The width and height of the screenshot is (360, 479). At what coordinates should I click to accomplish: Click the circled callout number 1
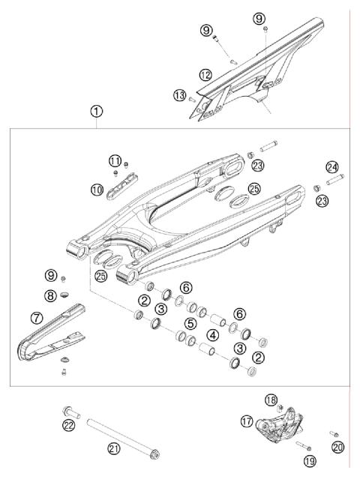pyautogui.click(x=97, y=112)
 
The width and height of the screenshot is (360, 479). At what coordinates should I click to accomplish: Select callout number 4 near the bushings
pyautogui.click(x=213, y=334)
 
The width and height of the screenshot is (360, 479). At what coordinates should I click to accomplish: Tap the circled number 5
pyautogui.click(x=190, y=323)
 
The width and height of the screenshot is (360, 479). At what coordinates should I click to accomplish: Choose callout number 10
pyautogui.click(x=97, y=190)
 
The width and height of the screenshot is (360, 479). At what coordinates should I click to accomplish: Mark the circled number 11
pyautogui.click(x=114, y=161)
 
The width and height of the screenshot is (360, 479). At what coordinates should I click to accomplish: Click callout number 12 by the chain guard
pyautogui.click(x=204, y=74)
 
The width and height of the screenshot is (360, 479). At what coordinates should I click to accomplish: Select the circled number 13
pyautogui.click(x=178, y=95)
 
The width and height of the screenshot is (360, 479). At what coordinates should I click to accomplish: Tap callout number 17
pyautogui.click(x=245, y=421)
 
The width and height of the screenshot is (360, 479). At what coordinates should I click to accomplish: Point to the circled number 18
pyautogui.click(x=271, y=400)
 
